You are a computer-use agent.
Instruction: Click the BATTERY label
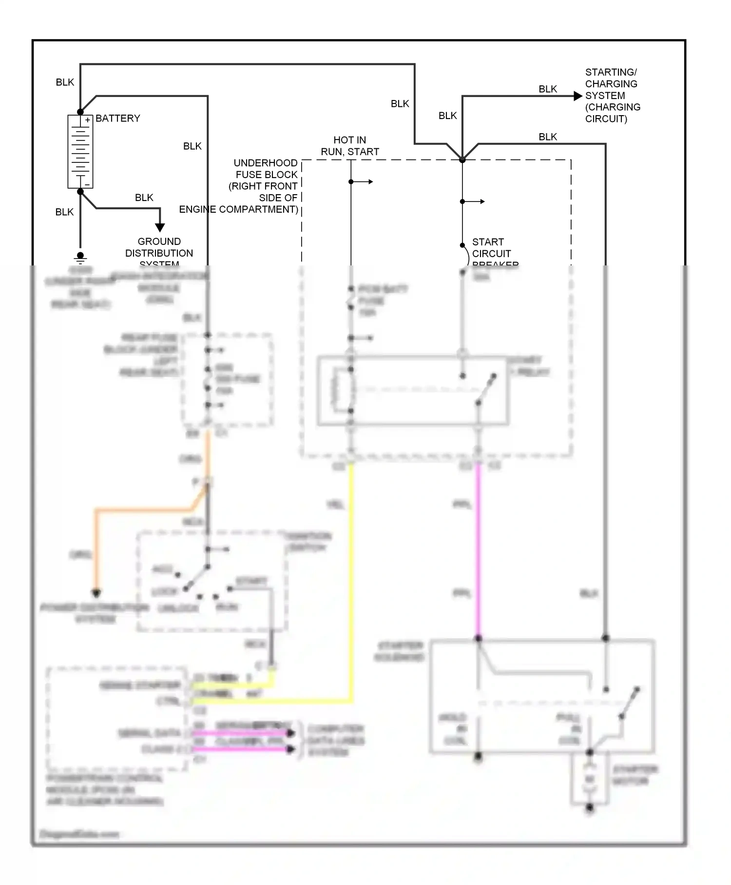pos(117,119)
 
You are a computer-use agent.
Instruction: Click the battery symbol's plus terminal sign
pos(87,120)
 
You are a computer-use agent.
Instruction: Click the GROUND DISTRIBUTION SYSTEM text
pos(159,253)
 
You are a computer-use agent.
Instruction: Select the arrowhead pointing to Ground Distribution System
pos(160,227)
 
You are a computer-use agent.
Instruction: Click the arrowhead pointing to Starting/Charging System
pos(577,96)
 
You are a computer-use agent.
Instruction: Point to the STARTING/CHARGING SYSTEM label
pos(612,96)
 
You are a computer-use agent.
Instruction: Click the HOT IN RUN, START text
pos(349,146)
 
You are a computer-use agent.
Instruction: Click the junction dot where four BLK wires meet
pos(462,160)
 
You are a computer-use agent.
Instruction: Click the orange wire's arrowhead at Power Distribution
pos(96,593)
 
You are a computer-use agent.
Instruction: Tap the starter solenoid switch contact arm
pos(629,703)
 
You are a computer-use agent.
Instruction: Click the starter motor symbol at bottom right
pos(590,779)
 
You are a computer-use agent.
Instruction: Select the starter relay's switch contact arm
pos(486,389)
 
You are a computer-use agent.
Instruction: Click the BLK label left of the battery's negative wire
pos(64,212)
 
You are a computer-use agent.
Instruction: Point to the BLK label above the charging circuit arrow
pos(548,89)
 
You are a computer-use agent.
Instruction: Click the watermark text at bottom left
pos(79,834)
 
